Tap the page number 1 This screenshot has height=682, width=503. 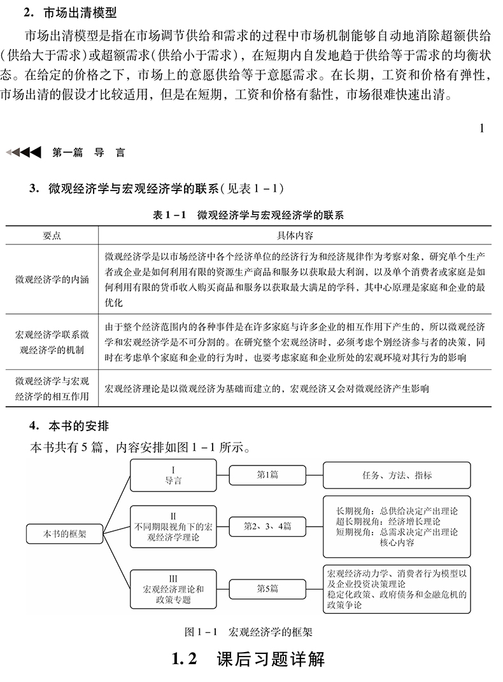click(482, 129)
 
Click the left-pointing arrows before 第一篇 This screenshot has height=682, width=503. click(24, 152)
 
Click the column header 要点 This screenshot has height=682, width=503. click(52, 235)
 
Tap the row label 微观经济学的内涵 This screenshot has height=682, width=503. click(52, 280)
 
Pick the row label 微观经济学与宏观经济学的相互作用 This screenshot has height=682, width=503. click(52, 388)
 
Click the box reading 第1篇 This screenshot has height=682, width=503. click(267, 475)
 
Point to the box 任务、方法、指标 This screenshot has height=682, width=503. click(397, 475)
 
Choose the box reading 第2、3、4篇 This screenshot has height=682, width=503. click(267, 527)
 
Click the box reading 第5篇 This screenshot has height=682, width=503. click(267, 588)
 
